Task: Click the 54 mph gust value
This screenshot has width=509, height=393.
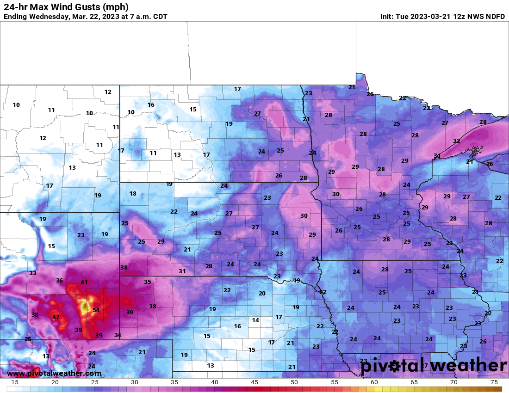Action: (x=96, y=310)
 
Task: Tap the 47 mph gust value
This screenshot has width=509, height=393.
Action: (x=56, y=317)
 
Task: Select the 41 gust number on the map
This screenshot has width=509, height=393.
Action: (x=84, y=282)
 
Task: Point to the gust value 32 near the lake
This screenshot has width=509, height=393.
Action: (x=456, y=141)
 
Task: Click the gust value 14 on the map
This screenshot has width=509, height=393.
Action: (x=255, y=320)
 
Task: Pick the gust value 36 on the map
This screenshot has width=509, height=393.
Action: (x=59, y=280)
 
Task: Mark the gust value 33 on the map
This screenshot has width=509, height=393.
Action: (x=32, y=273)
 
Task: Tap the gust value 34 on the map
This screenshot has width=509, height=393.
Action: (x=118, y=335)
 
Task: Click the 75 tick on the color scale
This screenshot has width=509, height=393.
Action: (x=494, y=382)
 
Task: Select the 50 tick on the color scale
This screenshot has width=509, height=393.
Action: (x=294, y=382)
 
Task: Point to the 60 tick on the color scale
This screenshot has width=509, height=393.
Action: (x=374, y=382)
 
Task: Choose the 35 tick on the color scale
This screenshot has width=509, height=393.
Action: (x=174, y=382)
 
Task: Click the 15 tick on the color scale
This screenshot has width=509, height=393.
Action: (x=15, y=382)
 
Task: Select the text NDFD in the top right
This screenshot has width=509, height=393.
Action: (x=495, y=17)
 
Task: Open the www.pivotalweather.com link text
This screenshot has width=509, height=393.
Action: (x=54, y=373)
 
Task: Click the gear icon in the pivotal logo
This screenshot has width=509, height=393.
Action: (x=394, y=366)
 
